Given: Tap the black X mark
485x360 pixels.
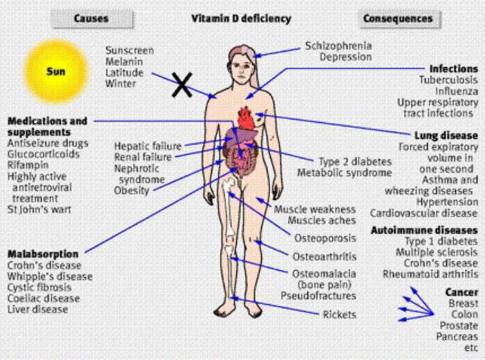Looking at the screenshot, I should point(182,86).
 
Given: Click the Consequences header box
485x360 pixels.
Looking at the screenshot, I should point(397,19).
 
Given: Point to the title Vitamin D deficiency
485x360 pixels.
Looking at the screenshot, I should point(241,19).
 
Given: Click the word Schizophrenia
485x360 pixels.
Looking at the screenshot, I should point(339,46).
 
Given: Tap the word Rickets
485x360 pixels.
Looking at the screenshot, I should point(339,315).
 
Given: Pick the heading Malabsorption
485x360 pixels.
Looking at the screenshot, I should point(43,254).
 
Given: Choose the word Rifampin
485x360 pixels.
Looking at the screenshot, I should point(29,166).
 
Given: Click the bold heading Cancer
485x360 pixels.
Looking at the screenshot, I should point(462,292).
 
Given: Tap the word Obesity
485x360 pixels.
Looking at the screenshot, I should point(132,190).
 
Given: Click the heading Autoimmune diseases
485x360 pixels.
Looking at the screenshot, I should point(424,229).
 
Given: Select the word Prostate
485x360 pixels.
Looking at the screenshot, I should point(459,325).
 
